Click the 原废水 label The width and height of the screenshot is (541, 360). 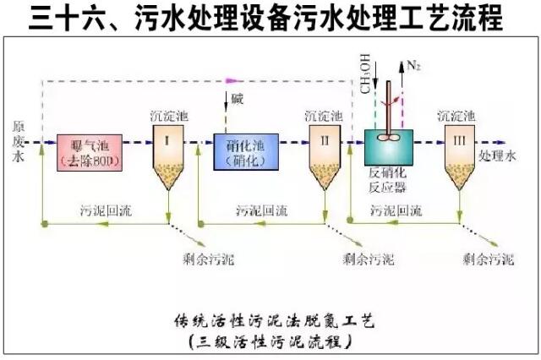(x=18, y=140)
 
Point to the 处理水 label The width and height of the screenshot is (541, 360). (x=496, y=156)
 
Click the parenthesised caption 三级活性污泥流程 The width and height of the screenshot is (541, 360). (x=270, y=342)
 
